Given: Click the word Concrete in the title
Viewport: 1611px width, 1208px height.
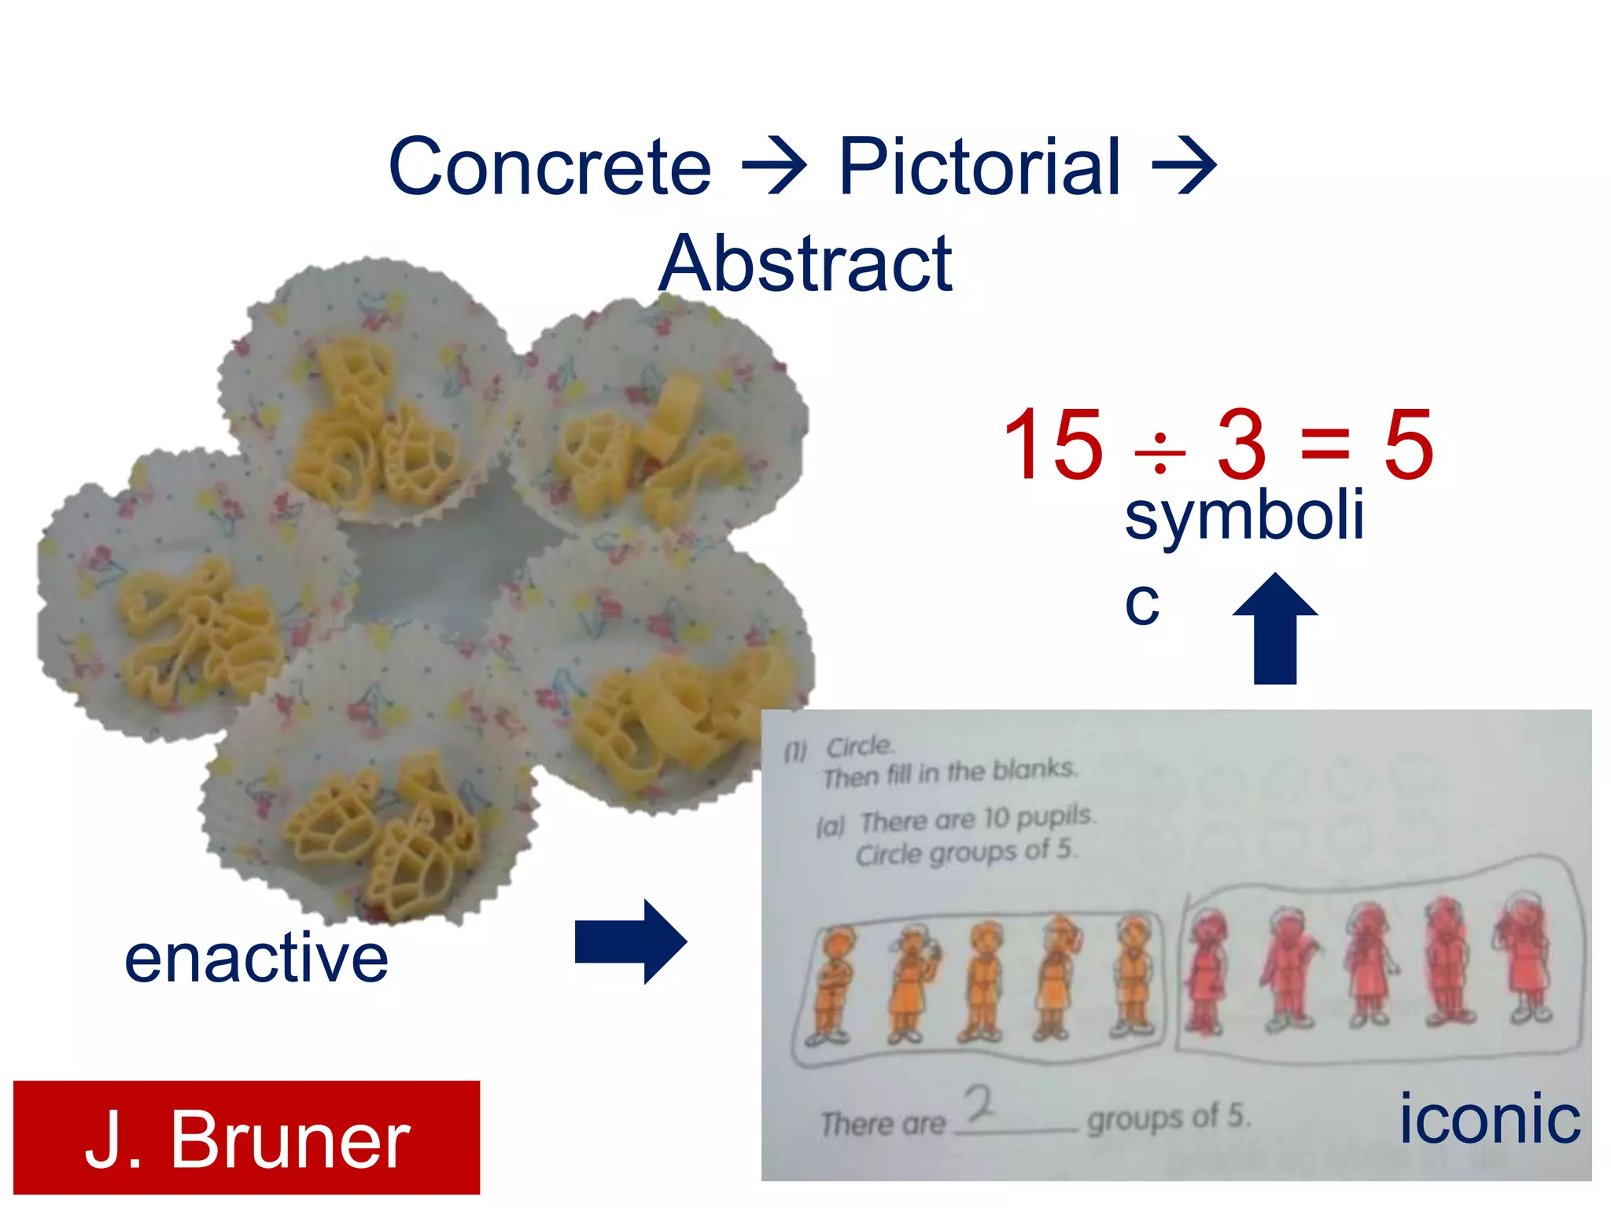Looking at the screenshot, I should (x=550, y=167).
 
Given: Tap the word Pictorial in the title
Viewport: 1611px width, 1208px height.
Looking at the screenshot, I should (x=979, y=167).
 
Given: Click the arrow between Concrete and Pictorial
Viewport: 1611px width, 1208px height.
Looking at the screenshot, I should (x=775, y=165).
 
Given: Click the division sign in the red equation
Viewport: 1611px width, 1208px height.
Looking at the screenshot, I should (x=1159, y=455).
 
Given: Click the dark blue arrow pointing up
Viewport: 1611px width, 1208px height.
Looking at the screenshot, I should (x=1274, y=629).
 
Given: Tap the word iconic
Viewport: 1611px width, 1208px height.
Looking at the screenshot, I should (x=1489, y=1118).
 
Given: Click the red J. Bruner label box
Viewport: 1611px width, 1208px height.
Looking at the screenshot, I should (x=246, y=1138).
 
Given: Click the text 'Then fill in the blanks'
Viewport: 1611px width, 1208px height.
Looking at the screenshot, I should (x=949, y=772).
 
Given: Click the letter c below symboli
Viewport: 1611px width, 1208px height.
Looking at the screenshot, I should (x=1142, y=604).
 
